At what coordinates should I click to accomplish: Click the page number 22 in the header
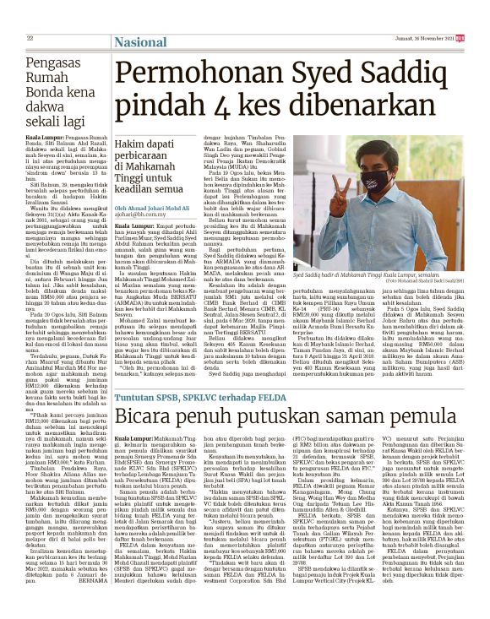(30, 38)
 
